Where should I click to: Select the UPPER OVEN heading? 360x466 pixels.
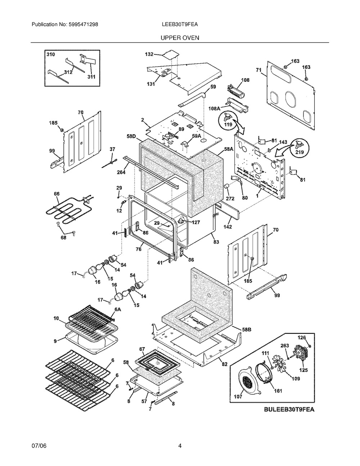pyautogui.click(x=180, y=38)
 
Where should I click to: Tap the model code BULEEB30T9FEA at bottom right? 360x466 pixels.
pyautogui.click(x=289, y=409)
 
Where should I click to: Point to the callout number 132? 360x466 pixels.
pyautogui.click(x=149, y=54)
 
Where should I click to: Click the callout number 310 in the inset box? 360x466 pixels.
pyautogui.click(x=50, y=54)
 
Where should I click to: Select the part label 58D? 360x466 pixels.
pyautogui.click(x=131, y=136)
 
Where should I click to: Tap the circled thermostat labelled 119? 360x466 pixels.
pyautogui.click(x=229, y=121)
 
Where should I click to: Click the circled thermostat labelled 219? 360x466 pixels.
pyautogui.click(x=300, y=148)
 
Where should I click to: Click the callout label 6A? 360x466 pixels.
pyautogui.click(x=118, y=309)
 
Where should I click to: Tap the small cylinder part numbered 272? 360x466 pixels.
pyautogui.click(x=226, y=186)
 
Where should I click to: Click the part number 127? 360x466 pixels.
pyautogui.click(x=195, y=223)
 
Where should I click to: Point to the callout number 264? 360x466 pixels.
pyautogui.click(x=121, y=172)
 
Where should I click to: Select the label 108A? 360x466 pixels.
pyautogui.click(x=215, y=109)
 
